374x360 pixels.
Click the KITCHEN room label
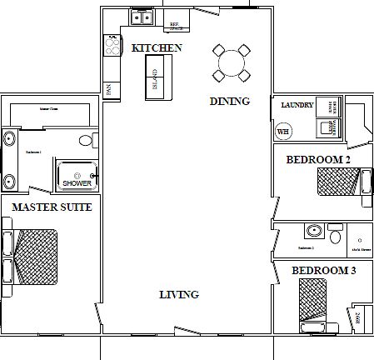(157, 48)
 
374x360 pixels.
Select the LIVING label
(179, 295)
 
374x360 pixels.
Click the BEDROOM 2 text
(317, 159)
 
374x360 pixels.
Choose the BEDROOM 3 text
(323, 270)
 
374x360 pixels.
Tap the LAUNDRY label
(297, 106)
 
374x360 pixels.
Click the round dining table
(231, 62)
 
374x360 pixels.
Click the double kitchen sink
(139, 17)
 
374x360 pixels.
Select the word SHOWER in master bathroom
(77, 184)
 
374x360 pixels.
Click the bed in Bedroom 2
(338, 181)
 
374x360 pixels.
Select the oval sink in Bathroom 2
(314, 231)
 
